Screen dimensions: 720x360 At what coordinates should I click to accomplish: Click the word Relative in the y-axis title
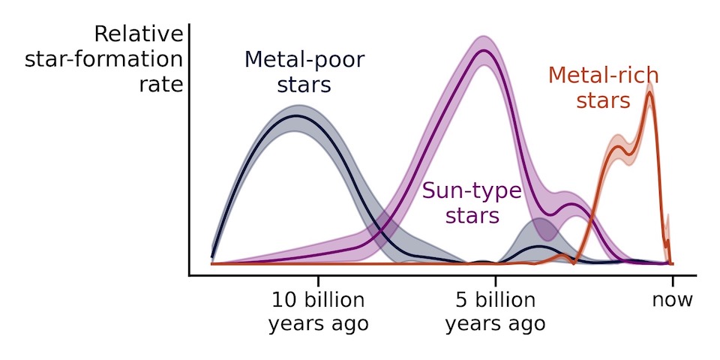139,34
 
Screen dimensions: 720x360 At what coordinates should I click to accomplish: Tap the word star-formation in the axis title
103,60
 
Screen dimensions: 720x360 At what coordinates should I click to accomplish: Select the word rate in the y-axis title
161,85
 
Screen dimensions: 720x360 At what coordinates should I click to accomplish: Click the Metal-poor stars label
304,72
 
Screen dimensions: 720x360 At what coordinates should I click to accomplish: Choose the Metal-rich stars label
603,88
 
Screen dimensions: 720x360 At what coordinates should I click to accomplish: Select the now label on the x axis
672,300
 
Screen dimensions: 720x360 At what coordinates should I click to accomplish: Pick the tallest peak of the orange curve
649,91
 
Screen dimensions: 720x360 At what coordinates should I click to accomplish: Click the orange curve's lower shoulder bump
617,147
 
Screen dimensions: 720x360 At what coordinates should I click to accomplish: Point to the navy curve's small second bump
539,246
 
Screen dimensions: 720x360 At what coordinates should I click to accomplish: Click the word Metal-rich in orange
603,76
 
